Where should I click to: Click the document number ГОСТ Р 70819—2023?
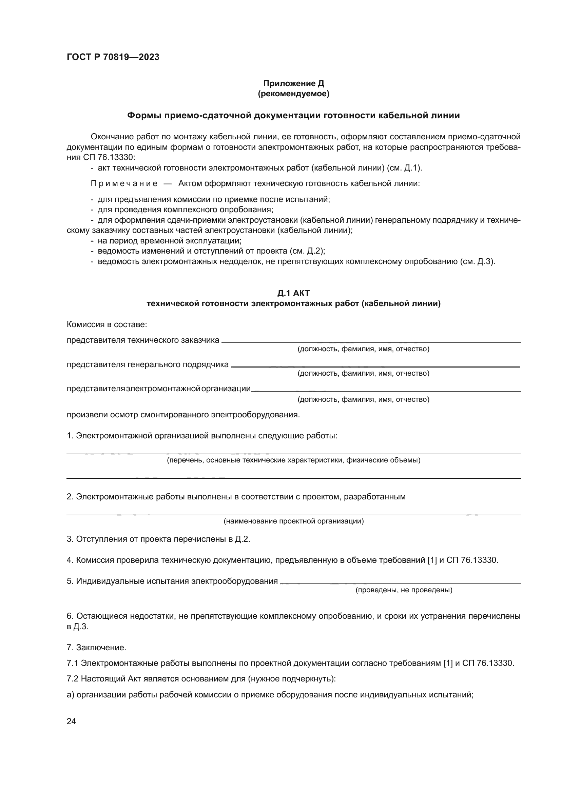coord(113,57)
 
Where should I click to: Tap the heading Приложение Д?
coord(294,83)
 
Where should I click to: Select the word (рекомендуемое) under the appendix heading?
coord(294,94)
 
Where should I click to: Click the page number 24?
coord(71,721)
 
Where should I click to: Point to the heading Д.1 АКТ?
coord(294,293)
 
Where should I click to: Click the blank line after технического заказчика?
coord(371,342)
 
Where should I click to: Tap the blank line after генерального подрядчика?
coord(375,366)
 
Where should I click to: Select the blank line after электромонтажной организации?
coord(386,391)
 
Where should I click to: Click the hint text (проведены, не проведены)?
coord(404,590)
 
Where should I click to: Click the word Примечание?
coord(124,183)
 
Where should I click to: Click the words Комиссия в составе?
coord(107,325)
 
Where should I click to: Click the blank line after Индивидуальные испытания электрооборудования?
coord(400,583)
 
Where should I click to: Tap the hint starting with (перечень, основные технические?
coord(294,460)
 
